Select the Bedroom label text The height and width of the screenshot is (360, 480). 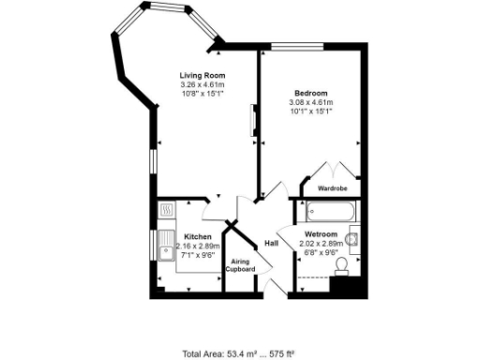tap(310, 93)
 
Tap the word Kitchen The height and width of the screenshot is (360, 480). tap(197, 236)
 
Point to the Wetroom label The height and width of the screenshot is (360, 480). tap(321, 234)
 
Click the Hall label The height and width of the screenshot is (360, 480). tap(272, 244)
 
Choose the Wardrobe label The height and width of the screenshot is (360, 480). tap(332, 187)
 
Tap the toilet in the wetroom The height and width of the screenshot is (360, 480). tap(342, 270)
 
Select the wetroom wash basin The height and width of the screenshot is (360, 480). tap(352, 241)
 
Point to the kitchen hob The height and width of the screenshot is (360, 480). tap(166, 210)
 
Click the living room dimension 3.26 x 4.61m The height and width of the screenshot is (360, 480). tap(202, 85)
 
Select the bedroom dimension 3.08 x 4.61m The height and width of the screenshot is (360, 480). tap(310, 102)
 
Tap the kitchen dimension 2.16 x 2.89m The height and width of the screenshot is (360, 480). tap(197, 246)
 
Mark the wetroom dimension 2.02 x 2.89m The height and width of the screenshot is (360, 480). tap(321, 245)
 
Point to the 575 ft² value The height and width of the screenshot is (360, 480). tap(280, 353)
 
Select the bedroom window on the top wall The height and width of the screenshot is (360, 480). tap(297, 47)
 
